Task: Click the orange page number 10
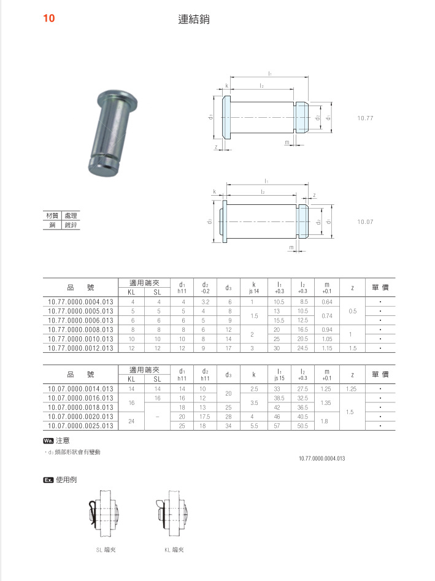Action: (x=49, y=18)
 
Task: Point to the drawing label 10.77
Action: (x=366, y=117)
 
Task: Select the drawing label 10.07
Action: (x=366, y=221)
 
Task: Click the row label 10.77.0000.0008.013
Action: (x=80, y=329)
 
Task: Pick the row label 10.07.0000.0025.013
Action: (x=80, y=425)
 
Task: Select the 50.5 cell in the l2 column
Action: (x=302, y=425)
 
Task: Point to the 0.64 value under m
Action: (x=326, y=302)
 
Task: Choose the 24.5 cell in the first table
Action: (x=302, y=348)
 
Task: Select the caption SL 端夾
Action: (x=106, y=550)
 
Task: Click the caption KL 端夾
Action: (x=174, y=550)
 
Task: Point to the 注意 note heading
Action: (x=63, y=440)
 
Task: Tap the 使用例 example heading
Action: (x=66, y=480)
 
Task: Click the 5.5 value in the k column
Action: (x=254, y=425)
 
